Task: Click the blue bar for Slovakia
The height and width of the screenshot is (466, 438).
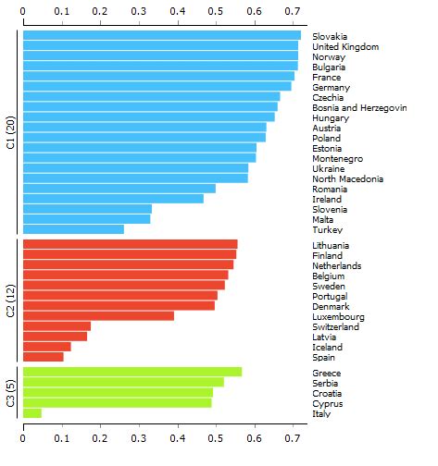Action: pos(161,36)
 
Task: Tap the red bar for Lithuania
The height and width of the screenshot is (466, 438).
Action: pos(129,244)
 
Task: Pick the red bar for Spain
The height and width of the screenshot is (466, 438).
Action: pos(43,357)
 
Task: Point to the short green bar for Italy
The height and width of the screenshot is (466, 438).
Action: pos(31,413)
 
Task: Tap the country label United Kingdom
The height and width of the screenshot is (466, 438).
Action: pos(345,46)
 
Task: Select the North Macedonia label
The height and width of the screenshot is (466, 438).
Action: pos(346,178)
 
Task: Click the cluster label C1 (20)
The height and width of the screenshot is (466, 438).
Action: pos(10,132)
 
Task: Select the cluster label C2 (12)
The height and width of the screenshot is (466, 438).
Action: pos(10,300)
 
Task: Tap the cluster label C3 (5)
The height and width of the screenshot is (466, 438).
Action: pos(10,393)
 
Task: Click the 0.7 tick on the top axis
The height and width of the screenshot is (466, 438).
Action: pos(292,11)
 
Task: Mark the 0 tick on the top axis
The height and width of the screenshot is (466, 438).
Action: pos(22,11)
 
